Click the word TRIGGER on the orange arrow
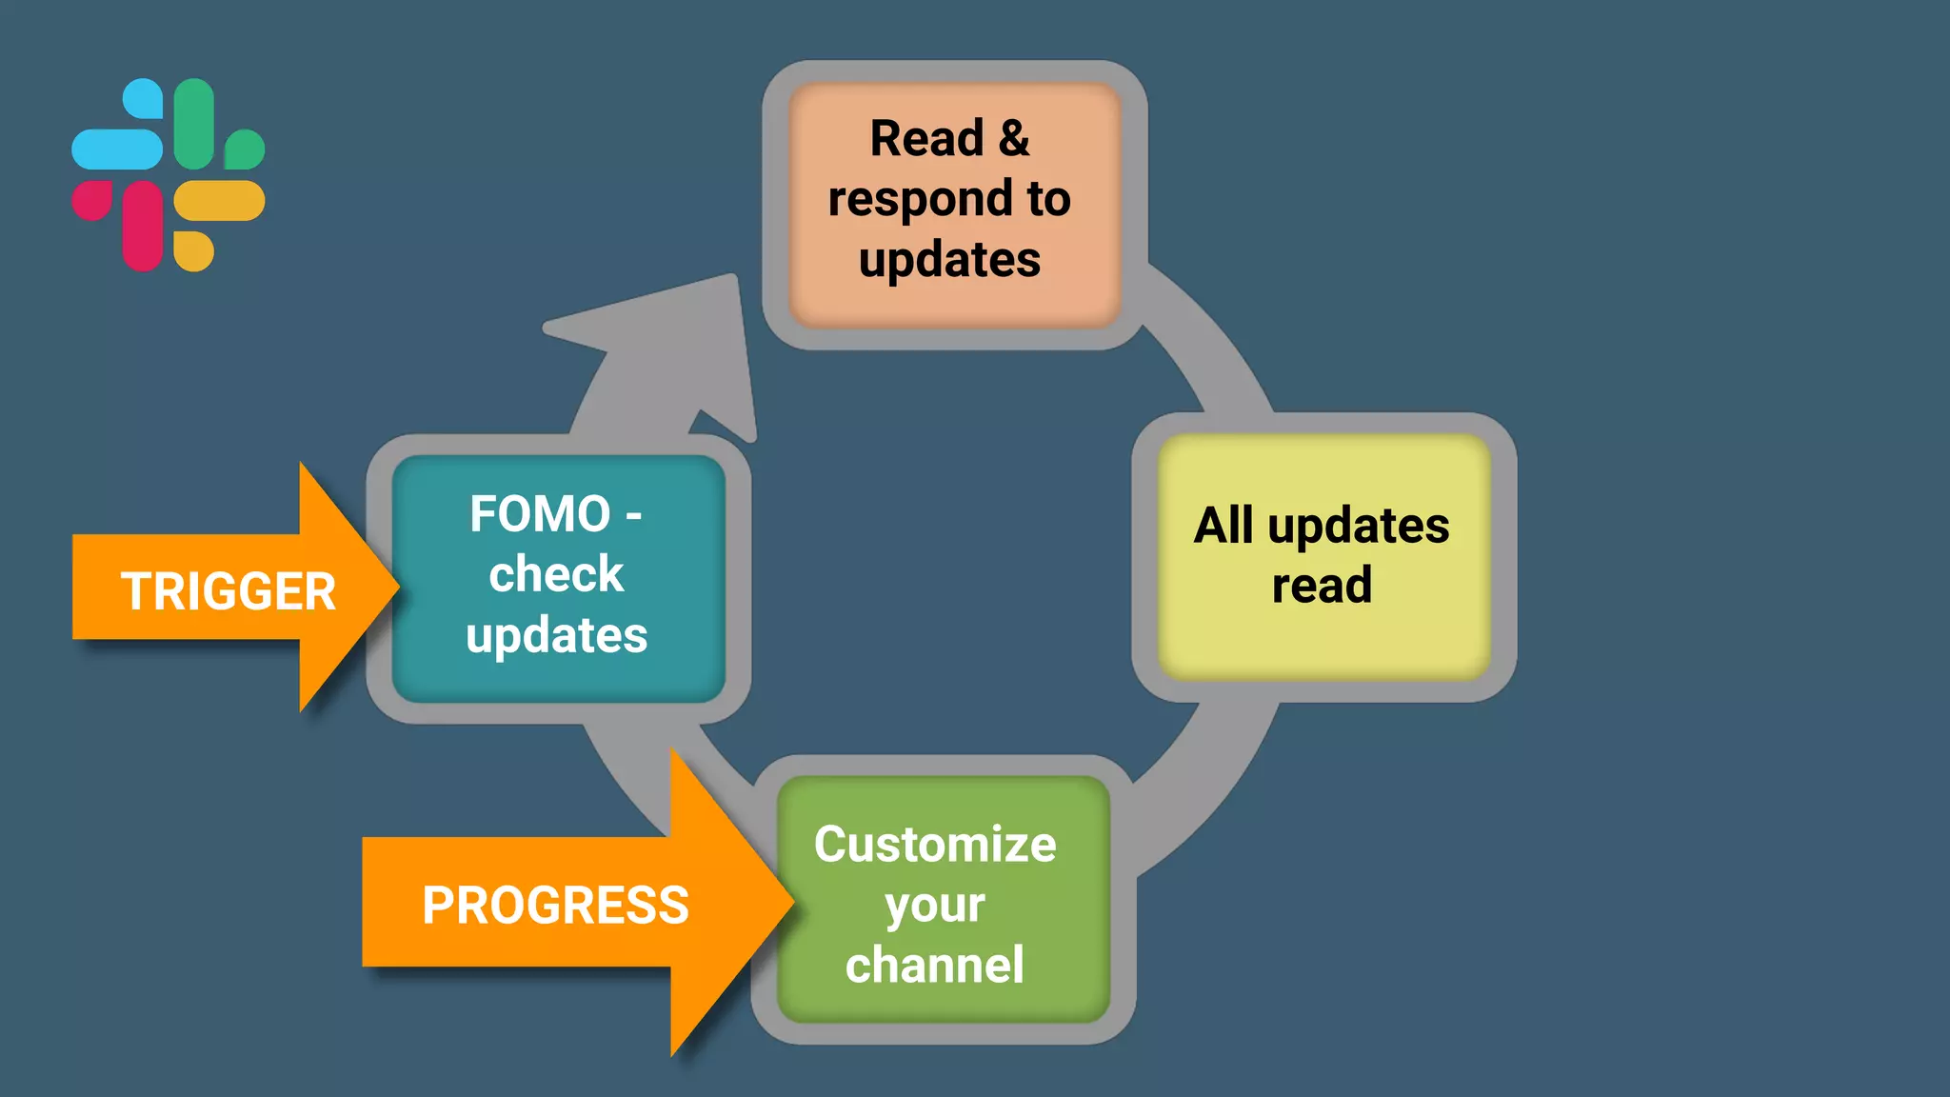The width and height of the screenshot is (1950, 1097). (229, 591)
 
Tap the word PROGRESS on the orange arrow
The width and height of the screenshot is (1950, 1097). (555, 905)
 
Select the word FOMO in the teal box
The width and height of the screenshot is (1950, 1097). (540, 514)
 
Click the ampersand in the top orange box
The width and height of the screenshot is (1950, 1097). (1014, 138)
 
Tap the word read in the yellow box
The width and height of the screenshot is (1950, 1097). (1322, 585)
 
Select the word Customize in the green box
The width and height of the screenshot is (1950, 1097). (935, 844)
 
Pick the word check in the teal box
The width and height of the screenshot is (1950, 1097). (556, 574)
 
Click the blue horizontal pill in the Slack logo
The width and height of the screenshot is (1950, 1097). (116, 150)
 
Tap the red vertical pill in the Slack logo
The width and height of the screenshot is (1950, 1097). (143, 226)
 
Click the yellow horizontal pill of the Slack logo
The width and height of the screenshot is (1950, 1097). (219, 201)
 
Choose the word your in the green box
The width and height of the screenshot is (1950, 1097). (935, 905)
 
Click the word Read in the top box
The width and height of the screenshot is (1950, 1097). (926, 138)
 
